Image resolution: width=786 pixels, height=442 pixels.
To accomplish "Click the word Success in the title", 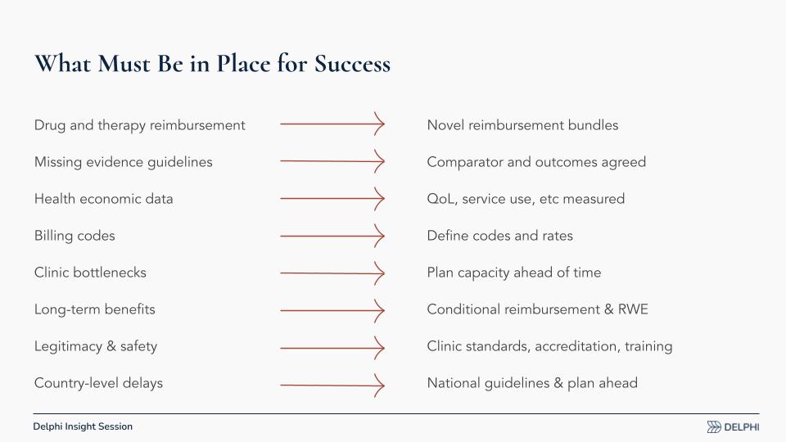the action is click(x=352, y=64).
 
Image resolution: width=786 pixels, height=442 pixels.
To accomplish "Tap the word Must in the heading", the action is click(x=124, y=64).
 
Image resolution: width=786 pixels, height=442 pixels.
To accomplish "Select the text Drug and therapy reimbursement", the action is click(x=140, y=125).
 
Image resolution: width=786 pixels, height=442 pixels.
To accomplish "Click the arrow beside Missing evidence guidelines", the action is click(x=332, y=161).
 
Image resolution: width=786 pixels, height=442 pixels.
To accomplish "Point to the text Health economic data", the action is click(x=104, y=199).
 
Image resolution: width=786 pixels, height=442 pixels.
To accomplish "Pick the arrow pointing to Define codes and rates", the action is click(x=332, y=236).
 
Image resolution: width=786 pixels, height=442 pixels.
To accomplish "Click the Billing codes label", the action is click(x=75, y=236).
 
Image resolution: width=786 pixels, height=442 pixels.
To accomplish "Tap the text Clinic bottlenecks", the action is click(x=90, y=273).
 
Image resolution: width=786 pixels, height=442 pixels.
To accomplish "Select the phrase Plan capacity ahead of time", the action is click(x=514, y=273).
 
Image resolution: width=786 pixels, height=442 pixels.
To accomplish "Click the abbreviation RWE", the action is click(x=633, y=309).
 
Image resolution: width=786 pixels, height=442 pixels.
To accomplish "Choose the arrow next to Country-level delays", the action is click(x=332, y=385).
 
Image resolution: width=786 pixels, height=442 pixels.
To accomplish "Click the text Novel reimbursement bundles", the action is click(x=522, y=125).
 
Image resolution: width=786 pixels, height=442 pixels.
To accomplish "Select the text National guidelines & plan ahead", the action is click(x=532, y=383).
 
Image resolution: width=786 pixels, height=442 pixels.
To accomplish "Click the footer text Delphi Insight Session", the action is click(x=83, y=426).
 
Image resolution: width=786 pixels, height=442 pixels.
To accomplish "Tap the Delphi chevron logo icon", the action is click(x=714, y=427).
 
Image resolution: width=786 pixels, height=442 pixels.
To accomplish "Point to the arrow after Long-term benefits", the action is click(x=332, y=310).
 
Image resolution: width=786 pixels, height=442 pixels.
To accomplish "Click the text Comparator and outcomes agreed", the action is click(x=536, y=162).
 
